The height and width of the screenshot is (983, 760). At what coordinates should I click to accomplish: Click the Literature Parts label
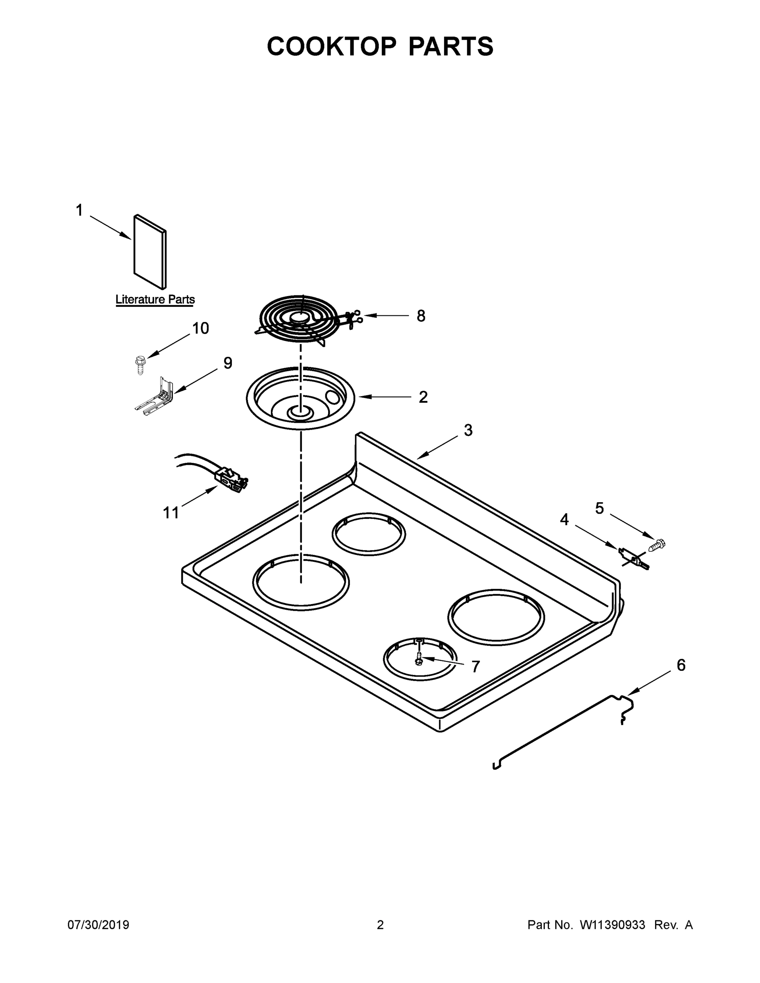155,299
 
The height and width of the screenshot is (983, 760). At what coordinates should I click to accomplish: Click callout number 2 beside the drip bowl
423,397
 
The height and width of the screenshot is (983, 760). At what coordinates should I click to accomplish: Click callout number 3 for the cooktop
468,430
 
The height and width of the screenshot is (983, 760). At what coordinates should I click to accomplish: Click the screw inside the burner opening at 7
419,660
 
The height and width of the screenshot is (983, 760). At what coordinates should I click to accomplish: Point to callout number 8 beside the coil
420,316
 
